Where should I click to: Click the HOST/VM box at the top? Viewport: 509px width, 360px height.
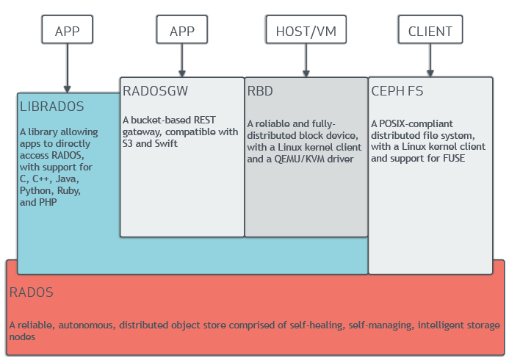tap(306, 31)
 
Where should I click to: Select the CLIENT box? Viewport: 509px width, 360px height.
tap(430, 31)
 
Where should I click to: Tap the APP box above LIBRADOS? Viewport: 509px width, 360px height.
tap(67, 31)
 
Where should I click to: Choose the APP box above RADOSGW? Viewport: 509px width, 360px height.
tap(181, 31)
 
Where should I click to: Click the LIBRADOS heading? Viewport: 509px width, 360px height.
tap(53, 106)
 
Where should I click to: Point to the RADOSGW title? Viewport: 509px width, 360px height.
tap(156, 91)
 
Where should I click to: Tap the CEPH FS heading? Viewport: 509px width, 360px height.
tap(397, 91)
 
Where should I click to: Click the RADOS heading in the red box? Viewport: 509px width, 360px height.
tap(32, 292)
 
